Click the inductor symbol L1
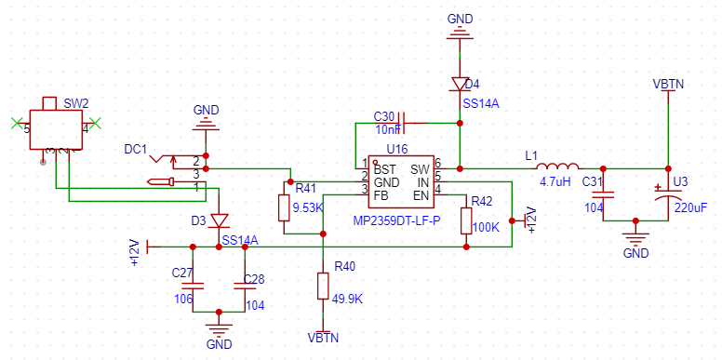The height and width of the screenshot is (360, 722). pyautogui.click(x=558, y=167)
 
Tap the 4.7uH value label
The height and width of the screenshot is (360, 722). pyautogui.click(x=555, y=181)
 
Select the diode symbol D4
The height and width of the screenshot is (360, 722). pyautogui.click(x=460, y=85)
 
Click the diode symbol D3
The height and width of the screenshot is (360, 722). pyautogui.click(x=219, y=220)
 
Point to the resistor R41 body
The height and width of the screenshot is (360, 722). pyautogui.click(x=284, y=208)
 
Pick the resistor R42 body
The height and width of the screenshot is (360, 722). pyautogui.click(x=466, y=222)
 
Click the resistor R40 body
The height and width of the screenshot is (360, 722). pyautogui.click(x=323, y=287)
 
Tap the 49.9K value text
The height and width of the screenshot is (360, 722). pyautogui.click(x=347, y=300)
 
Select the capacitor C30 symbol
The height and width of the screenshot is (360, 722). pyautogui.click(x=402, y=123)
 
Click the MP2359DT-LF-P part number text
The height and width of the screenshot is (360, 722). pyautogui.click(x=396, y=221)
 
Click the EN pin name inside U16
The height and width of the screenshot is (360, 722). pyautogui.click(x=421, y=194)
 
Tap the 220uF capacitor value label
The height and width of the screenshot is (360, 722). pyautogui.click(x=690, y=207)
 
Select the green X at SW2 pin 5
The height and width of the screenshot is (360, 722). pyautogui.click(x=18, y=123)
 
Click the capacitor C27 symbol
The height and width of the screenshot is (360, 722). pyautogui.click(x=193, y=286)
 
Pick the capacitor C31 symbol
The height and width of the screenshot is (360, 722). pyautogui.click(x=603, y=194)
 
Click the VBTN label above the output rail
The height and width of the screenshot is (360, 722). pyautogui.click(x=668, y=85)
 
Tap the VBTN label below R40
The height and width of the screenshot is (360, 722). pyautogui.click(x=323, y=338)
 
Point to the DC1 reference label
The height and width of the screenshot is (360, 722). pyautogui.click(x=136, y=149)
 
